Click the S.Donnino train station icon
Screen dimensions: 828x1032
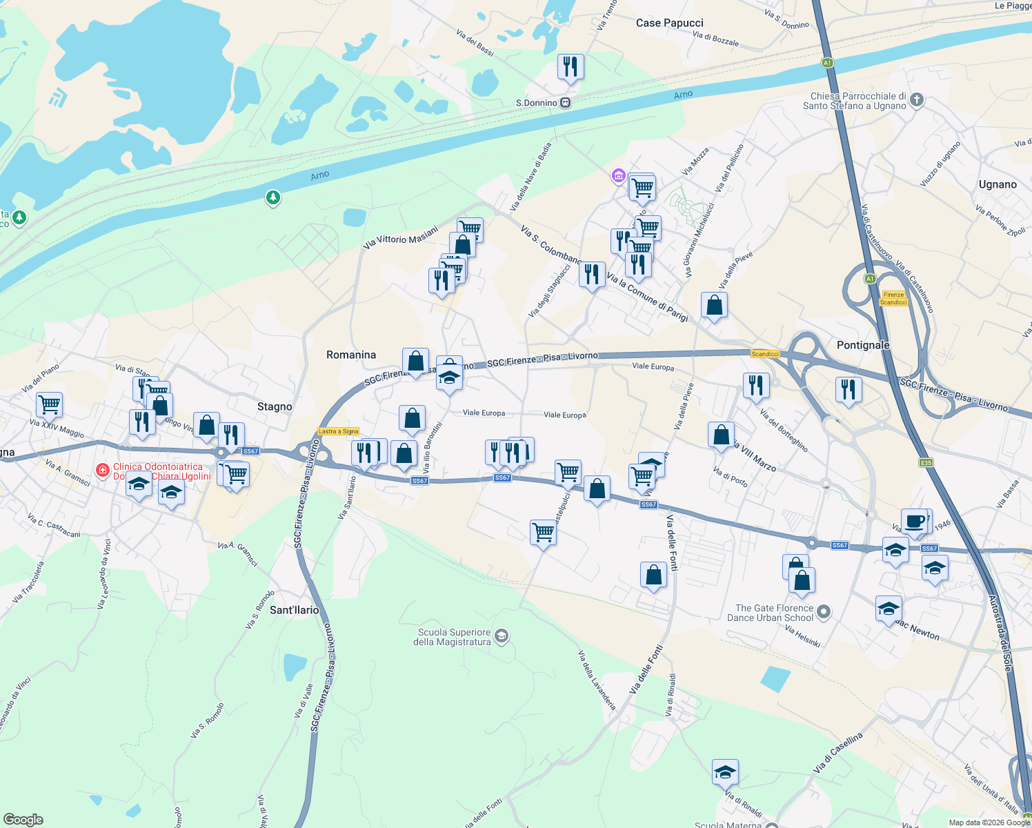pos(565,103)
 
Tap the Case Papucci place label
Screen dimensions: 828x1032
pos(669,23)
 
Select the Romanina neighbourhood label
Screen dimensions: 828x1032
pos(351,355)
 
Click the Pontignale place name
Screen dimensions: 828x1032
pos(863,345)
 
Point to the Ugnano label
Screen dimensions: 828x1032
pos(998,184)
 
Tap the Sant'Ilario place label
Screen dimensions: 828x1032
pos(295,610)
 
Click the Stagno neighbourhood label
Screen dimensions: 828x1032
pos(275,406)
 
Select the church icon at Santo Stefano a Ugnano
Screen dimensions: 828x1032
pos(917,100)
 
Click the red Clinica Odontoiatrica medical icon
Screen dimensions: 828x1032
pos(103,471)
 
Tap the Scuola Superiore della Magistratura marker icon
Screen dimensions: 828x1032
pos(502,636)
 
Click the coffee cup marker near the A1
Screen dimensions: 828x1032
pos(915,522)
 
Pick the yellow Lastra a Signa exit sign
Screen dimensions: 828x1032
pos(339,431)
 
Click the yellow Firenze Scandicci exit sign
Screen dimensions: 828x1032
pos(893,298)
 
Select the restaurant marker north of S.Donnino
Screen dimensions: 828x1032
pos(570,67)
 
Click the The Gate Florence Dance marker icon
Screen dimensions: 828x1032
pos(824,612)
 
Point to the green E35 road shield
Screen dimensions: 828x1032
pos(926,462)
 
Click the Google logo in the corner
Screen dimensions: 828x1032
pos(23,819)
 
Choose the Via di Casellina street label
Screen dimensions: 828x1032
pos(838,753)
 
